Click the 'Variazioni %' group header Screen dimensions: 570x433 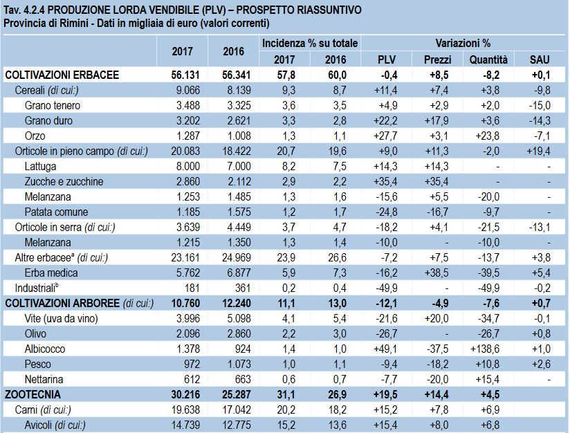[463, 44]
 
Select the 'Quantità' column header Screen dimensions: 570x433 [488, 59]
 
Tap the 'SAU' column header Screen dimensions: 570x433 [540, 59]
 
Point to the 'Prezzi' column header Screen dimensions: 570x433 [437, 59]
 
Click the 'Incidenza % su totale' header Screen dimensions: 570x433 [310, 44]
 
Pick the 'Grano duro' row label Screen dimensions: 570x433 [48, 120]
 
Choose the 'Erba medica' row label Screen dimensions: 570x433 [51, 273]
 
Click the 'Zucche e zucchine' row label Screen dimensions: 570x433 [64, 181]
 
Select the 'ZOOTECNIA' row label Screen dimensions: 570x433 [33, 394]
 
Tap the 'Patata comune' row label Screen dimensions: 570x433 [56, 212]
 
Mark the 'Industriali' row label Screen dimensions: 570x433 [37, 288]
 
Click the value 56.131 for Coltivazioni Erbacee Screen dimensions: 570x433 [185, 75]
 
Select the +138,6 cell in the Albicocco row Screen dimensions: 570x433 [485, 349]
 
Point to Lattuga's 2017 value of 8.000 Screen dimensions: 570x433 [188, 166]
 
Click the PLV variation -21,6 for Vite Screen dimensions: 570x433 [386, 318]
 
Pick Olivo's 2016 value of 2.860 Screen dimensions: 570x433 [239, 334]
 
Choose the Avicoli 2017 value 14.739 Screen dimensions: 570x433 [185, 425]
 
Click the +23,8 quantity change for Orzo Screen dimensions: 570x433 [487, 136]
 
